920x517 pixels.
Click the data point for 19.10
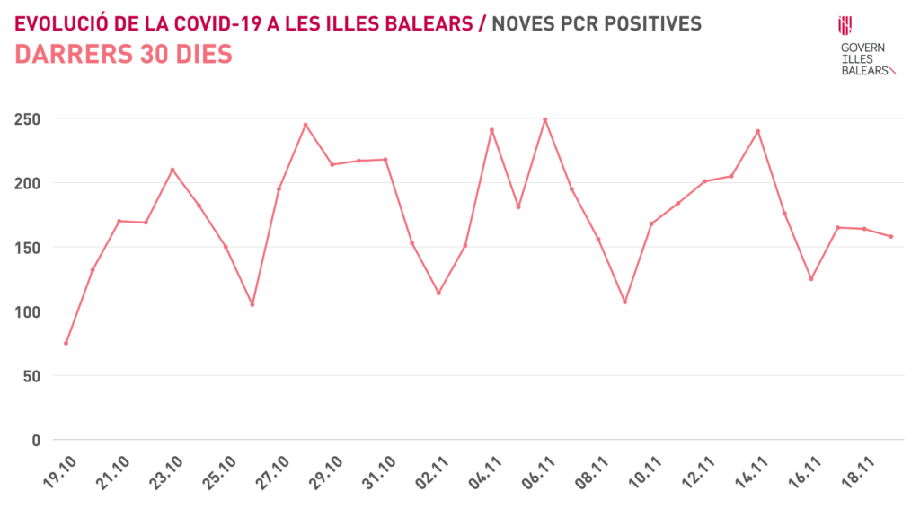(x=66, y=343)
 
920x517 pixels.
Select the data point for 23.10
(x=172, y=170)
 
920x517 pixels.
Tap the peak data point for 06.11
(x=544, y=119)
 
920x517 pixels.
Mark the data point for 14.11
(x=757, y=131)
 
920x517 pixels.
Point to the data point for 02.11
(x=438, y=293)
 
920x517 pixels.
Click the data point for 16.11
(x=810, y=278)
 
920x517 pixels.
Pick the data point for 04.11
(x=491, y=130)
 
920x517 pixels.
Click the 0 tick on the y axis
(x=36, y=440)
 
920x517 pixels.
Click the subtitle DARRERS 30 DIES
(x=124, y=55)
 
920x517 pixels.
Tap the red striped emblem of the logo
(x=845, y=24)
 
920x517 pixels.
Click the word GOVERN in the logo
(x=862, y=48)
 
